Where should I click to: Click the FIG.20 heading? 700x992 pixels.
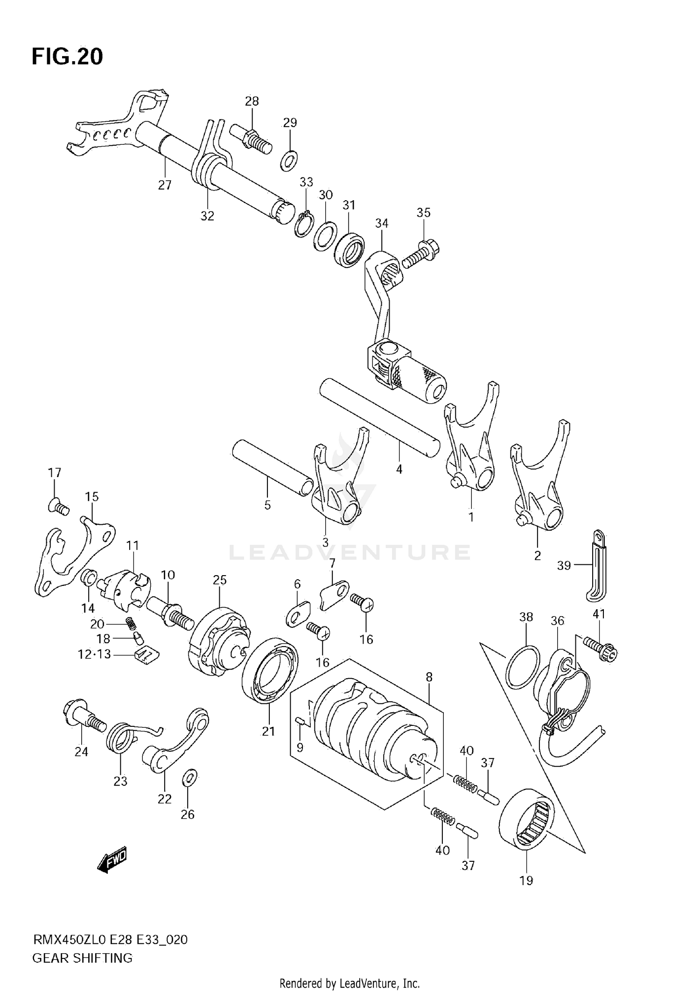pyautogui.click(x=67, y=56)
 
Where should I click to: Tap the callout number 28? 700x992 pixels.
pyautogui.click(x=252, y=101)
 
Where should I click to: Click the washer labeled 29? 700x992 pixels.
pyautogui.click(x=290, y=160)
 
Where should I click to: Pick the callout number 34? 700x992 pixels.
pyautogui.click(x=381, y=223)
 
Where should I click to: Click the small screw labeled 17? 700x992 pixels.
pyautogui.click(x=58, y=506)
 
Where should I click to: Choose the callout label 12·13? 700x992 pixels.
pyautogui.click(x=94, y=654)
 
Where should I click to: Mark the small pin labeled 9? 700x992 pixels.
pyautogui.click(x=301, y=722)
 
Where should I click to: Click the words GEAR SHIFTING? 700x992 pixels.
pyautogui.click(x=82, y=958)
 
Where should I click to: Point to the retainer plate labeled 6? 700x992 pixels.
pyautogui.click(x=297, y=615)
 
